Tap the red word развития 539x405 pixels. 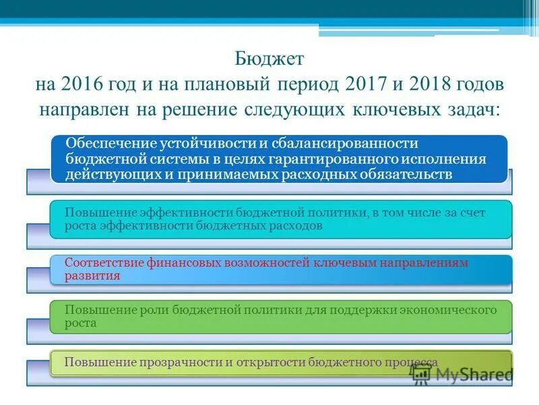click(92, 275)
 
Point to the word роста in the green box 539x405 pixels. click(80, 323)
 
